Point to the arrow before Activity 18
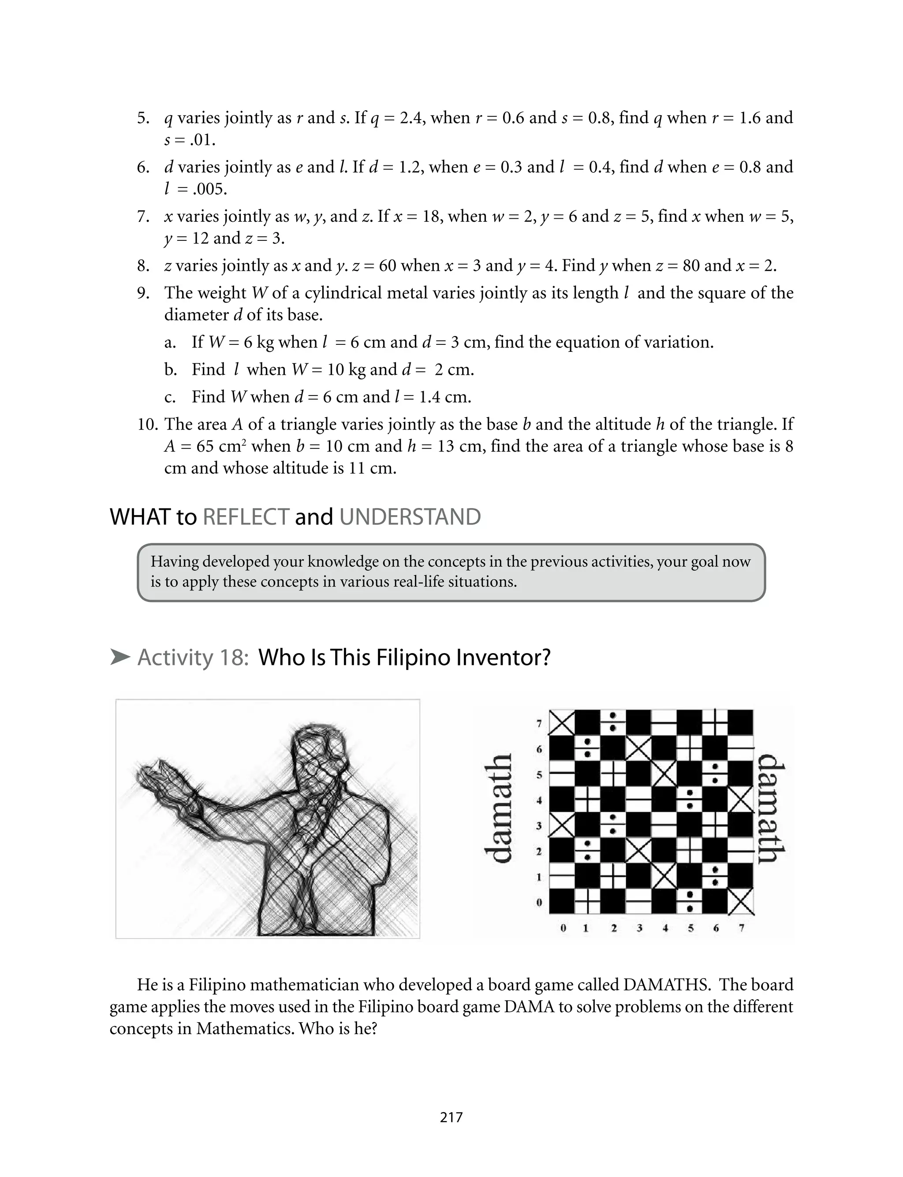120,657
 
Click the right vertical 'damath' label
772,808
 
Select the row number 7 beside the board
539,723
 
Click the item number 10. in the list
148,425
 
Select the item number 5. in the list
143,118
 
